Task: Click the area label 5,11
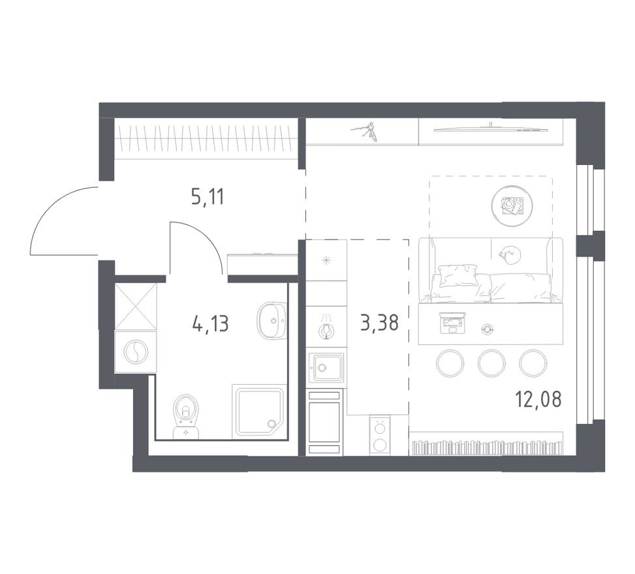click(208, 196)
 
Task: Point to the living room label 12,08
click(538, 399)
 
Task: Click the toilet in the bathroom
click(186, 415)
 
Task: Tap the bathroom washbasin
click(271, 320)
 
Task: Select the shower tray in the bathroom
click(259, 411)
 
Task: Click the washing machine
click(136, 352)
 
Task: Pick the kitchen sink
click(326, 367)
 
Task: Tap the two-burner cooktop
click(379, 434)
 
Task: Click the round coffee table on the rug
click(514, 205)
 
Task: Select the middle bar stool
click(491, 362)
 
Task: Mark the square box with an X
click(136, 305)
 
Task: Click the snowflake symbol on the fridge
click(326, 260)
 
